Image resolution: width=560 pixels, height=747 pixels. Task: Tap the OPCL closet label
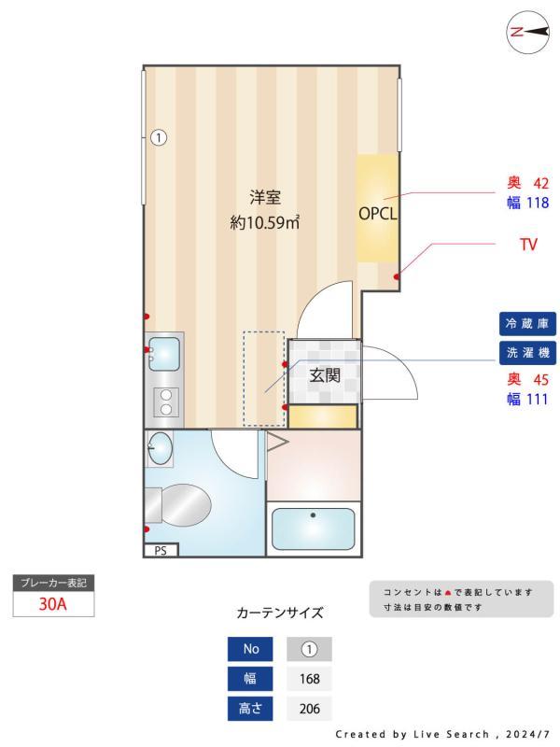click(378, 212)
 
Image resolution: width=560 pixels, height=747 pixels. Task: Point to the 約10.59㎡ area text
click(265, 223)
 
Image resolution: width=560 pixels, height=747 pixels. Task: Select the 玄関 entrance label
click(324, 375)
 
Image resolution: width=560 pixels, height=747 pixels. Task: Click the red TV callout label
click(529, 247)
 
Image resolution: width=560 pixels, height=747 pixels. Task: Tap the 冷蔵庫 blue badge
click(527, 324)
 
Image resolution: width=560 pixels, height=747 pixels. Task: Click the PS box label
click(161, 551)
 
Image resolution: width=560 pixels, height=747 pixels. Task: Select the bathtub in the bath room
click(312, 529)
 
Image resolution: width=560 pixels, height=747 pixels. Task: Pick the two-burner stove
click(166, 402)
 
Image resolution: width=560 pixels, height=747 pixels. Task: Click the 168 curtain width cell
click(309, 679)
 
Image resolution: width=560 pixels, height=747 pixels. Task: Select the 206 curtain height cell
click(309, 709)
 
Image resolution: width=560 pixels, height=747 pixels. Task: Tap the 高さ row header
click(250, 709)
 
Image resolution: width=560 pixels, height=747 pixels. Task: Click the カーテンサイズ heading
click(280, 613)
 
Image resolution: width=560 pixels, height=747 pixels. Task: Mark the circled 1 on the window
click(159, 138)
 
